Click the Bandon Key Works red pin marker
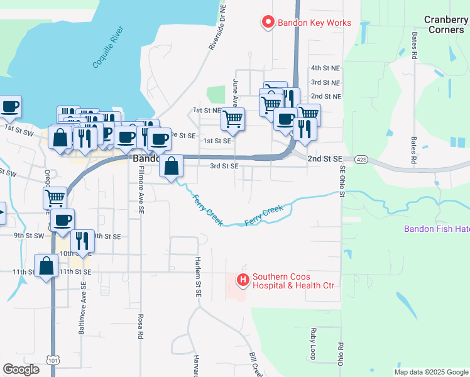click(268, 23)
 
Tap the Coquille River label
click(109, 48)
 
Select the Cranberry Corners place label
click(445, 25)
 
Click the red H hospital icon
click(242, 278)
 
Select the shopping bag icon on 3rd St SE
click(171, 167)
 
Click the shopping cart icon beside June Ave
click(233, 119)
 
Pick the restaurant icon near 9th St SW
click(82, 241)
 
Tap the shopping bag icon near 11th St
click(46, 266)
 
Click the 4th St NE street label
click(325, 68)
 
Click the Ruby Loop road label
click(312, 343)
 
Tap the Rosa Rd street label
click(141, 326)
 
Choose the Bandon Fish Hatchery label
click(436, 229)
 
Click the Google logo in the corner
click(21, 369)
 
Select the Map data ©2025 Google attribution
click(430, 372)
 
